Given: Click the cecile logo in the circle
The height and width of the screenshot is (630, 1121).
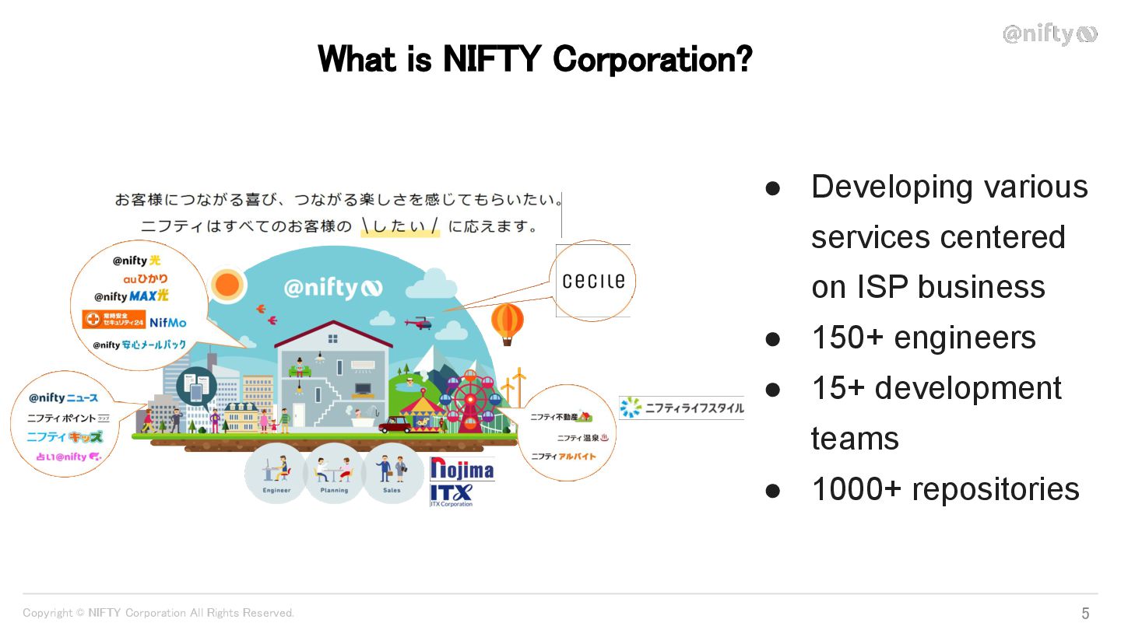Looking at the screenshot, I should tap(593, 281).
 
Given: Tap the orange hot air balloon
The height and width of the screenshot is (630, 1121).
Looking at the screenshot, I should tap(508, 320).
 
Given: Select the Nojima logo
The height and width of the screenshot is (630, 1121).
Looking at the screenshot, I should tap(462, 469).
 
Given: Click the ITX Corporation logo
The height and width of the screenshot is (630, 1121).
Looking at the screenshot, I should tap(452, 495).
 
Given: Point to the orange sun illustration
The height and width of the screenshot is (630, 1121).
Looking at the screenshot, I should tap(227, 285).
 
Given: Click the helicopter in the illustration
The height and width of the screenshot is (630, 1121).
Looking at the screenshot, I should tap(421, 322).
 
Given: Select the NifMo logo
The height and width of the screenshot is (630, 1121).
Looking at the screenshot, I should tap(168, 322).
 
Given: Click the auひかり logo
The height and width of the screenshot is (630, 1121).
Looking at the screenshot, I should tap(145, 278).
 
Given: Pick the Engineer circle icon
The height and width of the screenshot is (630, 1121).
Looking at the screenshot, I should tap(276, 473).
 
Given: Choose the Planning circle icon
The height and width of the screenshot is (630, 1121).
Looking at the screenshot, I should tap(334, 473).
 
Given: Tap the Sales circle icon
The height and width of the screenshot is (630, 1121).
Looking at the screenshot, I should tap(392, 473).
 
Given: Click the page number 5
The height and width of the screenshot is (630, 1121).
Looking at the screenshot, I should tap(1085, 613).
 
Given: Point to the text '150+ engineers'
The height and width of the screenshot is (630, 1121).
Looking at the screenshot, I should tap(923, 338).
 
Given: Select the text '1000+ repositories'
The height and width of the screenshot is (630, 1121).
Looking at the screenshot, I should tap(945, 489).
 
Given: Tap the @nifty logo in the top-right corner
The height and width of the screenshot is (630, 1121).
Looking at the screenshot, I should tap(1049, 34).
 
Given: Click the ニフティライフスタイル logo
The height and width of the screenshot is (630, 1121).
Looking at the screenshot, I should tap(681, 408).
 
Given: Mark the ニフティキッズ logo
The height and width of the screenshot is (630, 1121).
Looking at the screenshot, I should tap(65, 437).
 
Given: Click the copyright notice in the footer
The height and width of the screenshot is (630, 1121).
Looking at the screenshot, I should tap(159, 613).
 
